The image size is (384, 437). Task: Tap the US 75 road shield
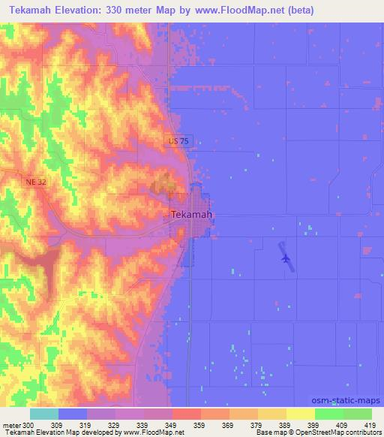point(176,141)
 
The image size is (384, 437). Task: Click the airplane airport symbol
point(286,258)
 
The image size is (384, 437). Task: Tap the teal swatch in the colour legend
point(43,414)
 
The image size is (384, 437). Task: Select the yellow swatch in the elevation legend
point(300,414)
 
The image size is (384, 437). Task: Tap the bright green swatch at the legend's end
point(357,414)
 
